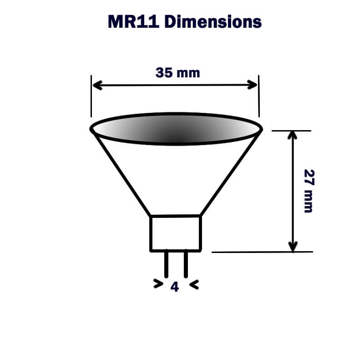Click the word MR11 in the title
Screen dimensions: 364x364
(133, 21)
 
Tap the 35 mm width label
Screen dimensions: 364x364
(177, 72)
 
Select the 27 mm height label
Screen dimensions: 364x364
(308, 191)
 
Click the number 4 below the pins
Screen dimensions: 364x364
(175, 287)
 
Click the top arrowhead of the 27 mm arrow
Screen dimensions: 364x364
(293, 136)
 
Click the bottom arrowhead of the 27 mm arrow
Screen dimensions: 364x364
(293, 247)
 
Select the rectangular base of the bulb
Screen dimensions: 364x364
(176, 233)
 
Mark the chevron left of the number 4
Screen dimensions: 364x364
(158, 285)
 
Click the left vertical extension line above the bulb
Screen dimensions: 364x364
(91, 98)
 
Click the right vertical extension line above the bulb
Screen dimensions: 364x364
(258, 98)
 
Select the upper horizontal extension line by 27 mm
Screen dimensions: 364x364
(291, 131)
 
